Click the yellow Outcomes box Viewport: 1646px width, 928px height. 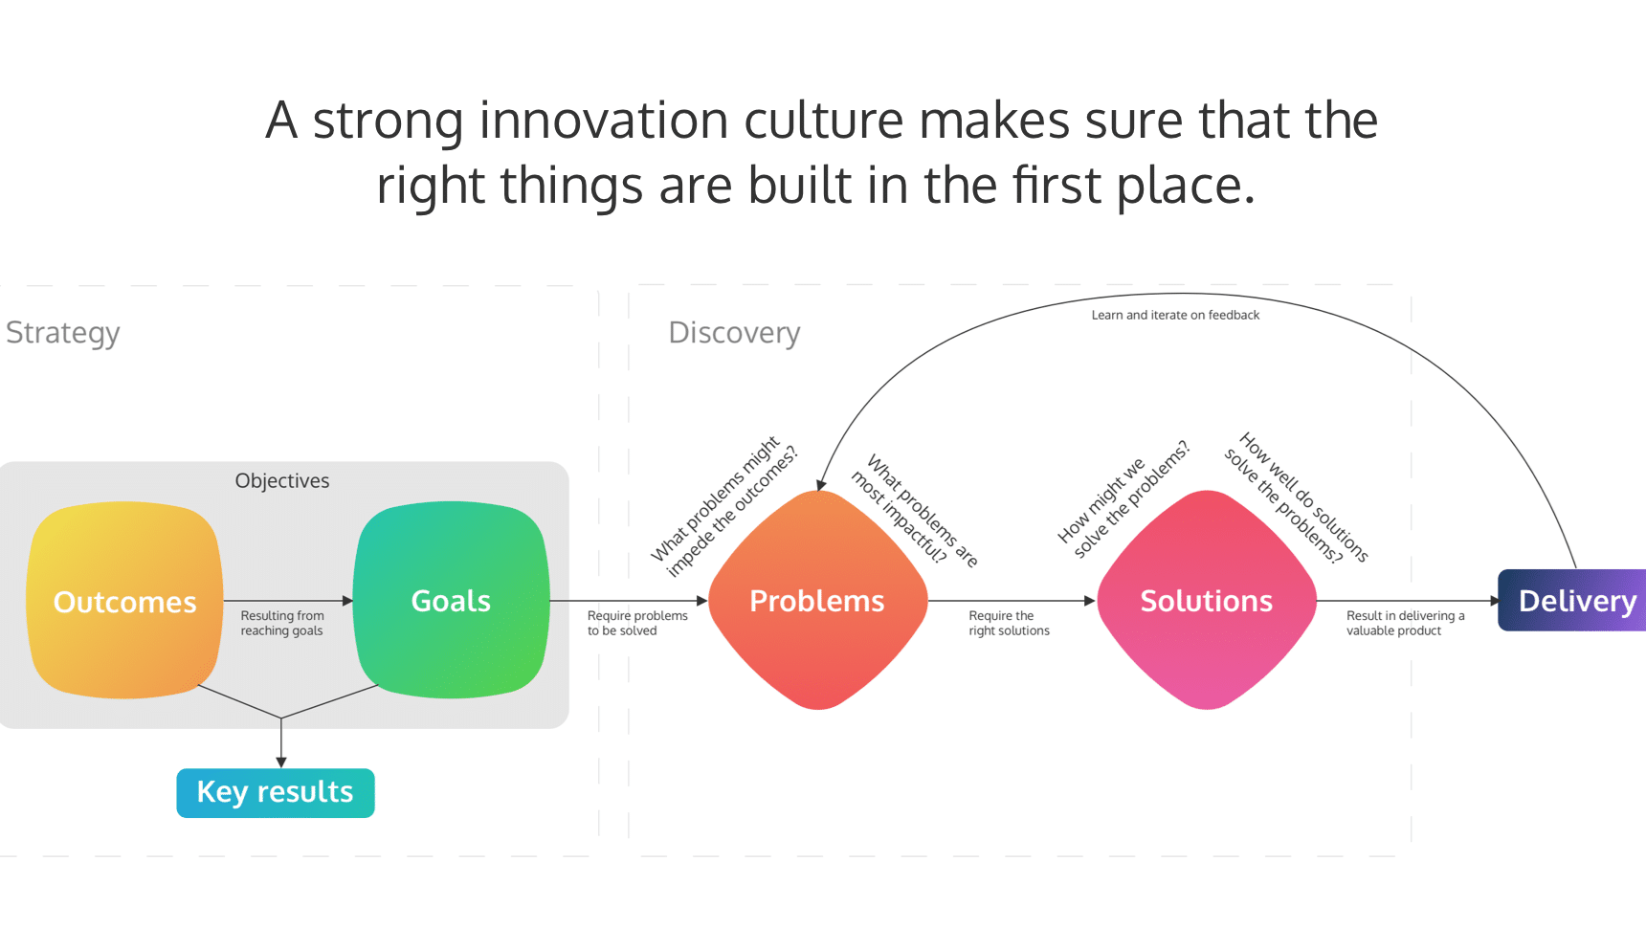[124, 601]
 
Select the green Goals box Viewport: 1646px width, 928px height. [451, 601]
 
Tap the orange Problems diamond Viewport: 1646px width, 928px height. [817, 601]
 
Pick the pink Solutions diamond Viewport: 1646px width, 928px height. [1206, 601]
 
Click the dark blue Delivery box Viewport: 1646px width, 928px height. [1574, 601]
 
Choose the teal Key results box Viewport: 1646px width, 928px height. [276, 792]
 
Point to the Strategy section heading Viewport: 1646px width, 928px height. [63, 333]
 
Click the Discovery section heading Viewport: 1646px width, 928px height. [734, 333]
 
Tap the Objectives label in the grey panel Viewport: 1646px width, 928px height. [282, 481]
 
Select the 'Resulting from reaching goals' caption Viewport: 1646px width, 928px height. [282, 623]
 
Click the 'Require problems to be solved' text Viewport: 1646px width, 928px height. [636, 623]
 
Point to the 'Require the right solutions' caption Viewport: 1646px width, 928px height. [1008, 623]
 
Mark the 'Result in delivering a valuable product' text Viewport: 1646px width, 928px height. [1404, 623]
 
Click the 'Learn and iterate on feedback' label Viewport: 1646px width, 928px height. [1175, 315]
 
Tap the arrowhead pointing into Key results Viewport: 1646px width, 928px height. [281, 762]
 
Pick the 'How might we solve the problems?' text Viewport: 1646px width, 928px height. [1123, 500]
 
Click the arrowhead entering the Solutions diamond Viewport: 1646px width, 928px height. [1090, 601]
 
